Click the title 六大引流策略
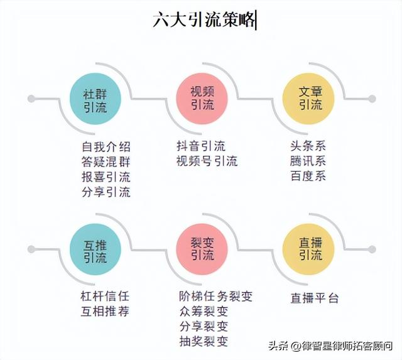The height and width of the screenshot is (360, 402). [204, 19]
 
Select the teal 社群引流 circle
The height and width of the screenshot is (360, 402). [95, 100]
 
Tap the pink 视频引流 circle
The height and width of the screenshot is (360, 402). [202, 100]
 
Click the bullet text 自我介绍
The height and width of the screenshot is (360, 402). [106, 146]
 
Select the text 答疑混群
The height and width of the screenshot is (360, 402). [106, 161]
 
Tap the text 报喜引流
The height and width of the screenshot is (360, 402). [106, 177]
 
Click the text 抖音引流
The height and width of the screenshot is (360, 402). [200, 146]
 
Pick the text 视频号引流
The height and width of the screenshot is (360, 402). [207, 161]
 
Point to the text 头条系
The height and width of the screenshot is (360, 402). [308, 146]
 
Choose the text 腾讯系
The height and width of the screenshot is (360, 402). [308, 161]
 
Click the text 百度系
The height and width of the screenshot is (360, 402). [308, 177]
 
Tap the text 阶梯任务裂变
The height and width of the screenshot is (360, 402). [215, 296]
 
